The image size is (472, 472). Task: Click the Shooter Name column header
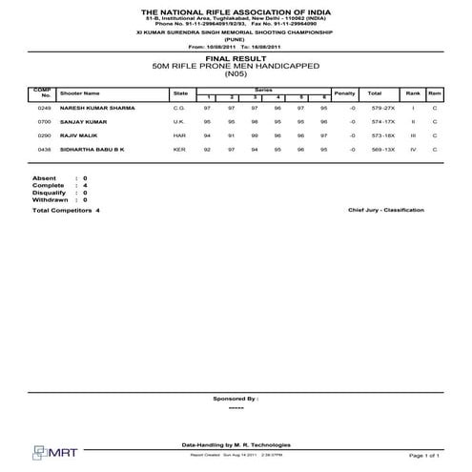pos(79,93)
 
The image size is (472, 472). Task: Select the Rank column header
pos(413,92)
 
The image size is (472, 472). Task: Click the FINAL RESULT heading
pos(236,58)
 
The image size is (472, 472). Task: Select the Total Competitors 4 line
pos(66,210)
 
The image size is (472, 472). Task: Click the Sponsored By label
pos(236,399)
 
